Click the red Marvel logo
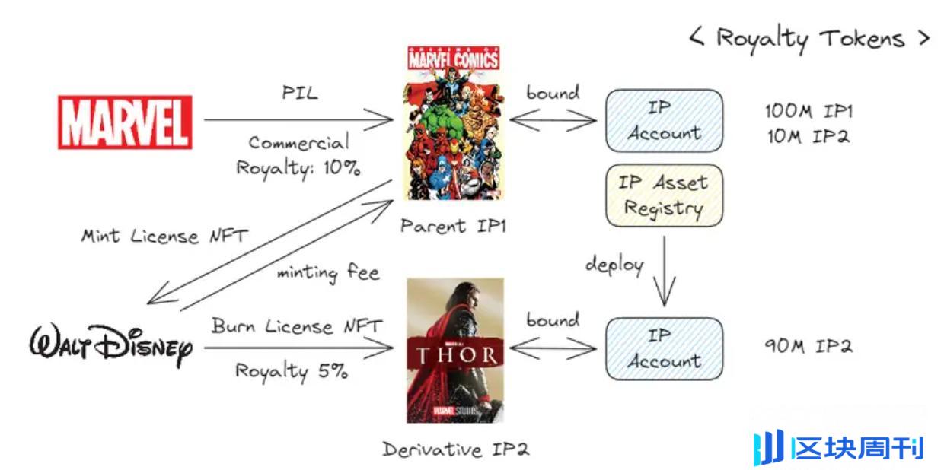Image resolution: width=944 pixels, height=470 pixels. (125, 122)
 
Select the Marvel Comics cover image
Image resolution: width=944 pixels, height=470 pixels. (454, 123)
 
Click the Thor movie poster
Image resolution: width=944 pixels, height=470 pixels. (455, 350)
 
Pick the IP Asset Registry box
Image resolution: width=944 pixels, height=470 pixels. (663, 195)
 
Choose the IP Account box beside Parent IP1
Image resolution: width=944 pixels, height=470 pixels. (663, 120)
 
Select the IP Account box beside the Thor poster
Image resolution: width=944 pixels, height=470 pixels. (663, 348)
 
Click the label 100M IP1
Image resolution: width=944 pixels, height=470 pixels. (808, 111)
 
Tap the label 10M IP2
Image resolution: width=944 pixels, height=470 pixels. (808, 137)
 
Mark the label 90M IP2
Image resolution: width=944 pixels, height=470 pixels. (808, 347)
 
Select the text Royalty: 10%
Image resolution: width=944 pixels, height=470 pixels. (298, 167)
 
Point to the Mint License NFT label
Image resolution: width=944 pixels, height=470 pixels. (164, 236)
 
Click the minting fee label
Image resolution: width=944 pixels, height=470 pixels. (328, 272)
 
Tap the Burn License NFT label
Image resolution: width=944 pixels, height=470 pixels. (297, 327)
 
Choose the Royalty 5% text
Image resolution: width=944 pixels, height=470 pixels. (291, 371)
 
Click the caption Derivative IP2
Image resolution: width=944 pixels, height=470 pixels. (455, 449)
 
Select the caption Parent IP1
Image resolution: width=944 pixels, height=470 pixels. (454, 226)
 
